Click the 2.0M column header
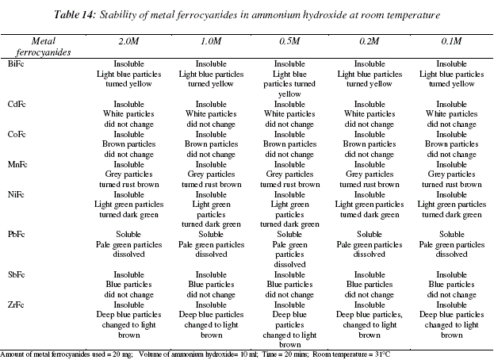[128, 40]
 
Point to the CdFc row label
[14, 104]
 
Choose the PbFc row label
[14, 235]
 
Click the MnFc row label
[15, 164]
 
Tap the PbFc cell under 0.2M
[370, 244]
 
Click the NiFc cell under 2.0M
[128, 204]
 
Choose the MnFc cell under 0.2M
[370, 174]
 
